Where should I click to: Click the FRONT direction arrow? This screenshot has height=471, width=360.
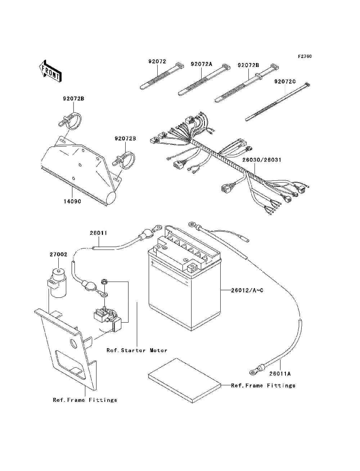(x=50, y=71)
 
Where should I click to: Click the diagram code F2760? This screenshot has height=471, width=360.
(x=305, y=57)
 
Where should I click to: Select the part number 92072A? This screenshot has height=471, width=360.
(x=202, y=64)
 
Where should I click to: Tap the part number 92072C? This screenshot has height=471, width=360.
(x=285, y=81)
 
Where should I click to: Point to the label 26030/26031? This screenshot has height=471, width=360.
(x=261, y=160)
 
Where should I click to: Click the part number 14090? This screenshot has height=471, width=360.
(x=72, y=201)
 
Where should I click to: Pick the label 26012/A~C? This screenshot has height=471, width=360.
(x=247, y=290)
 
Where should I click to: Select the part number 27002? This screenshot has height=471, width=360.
(x=58, y=254)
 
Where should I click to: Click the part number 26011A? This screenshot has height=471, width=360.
(x=280, y=373)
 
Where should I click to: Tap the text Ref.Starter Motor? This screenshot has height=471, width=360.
(x=137, y=350)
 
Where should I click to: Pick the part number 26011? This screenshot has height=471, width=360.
(x=98, y=233)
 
